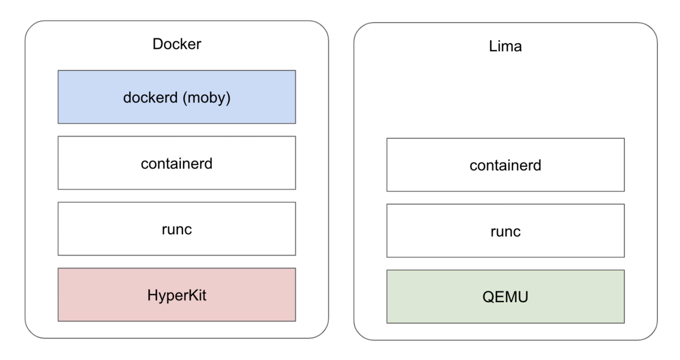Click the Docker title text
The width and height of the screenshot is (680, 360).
pos(177,44)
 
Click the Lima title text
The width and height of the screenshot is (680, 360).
pos(505,46)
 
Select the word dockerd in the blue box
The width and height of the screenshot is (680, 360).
pos(149,97)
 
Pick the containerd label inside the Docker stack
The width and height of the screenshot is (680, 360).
pos(176,163)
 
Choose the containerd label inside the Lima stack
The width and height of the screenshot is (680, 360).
pos(505,165)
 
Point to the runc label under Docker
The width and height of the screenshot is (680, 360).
pos(176,229)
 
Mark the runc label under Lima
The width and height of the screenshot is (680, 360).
pos(505,231)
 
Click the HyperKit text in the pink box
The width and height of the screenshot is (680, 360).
pos(176,295)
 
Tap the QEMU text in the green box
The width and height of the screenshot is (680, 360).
pos(505,297)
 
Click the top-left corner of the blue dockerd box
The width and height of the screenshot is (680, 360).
pos(58,71)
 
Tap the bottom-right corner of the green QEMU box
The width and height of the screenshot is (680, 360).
pos(624,323)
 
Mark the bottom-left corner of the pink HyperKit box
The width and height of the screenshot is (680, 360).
pos(58,320)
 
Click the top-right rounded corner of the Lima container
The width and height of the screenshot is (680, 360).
pos(651,29)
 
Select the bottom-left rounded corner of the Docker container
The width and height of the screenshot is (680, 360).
pos(31,332)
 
